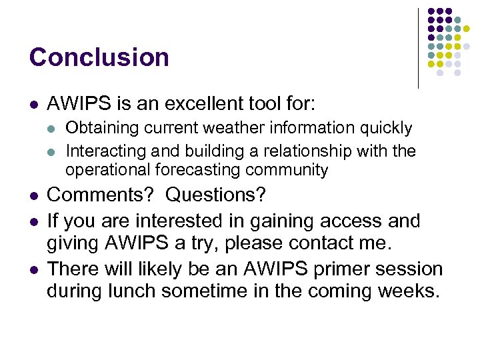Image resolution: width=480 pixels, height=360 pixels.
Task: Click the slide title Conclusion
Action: [x=99, y=57]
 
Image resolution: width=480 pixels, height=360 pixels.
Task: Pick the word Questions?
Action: [x=215, y=196]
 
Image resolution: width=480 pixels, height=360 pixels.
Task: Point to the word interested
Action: [x=184, y=221]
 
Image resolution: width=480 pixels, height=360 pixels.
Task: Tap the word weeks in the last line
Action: [x=403, y=292]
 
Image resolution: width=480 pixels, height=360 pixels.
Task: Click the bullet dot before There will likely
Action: [x=33, y=269]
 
